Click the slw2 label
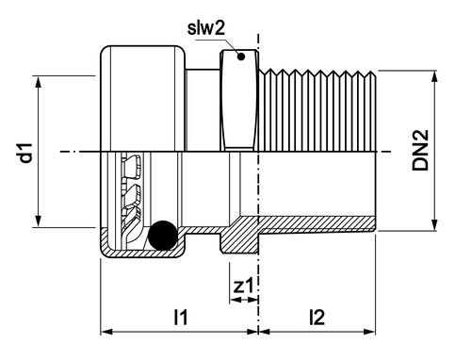pos(206,28)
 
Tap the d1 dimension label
pos(25,153)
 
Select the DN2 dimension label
pos(420,150)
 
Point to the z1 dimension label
pos(243,286)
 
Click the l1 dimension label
pos(181,318)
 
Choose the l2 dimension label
pos(317,318)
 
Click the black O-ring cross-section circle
pos(163,236)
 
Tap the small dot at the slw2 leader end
pos(241,57)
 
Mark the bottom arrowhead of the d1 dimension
pos(38,220)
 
